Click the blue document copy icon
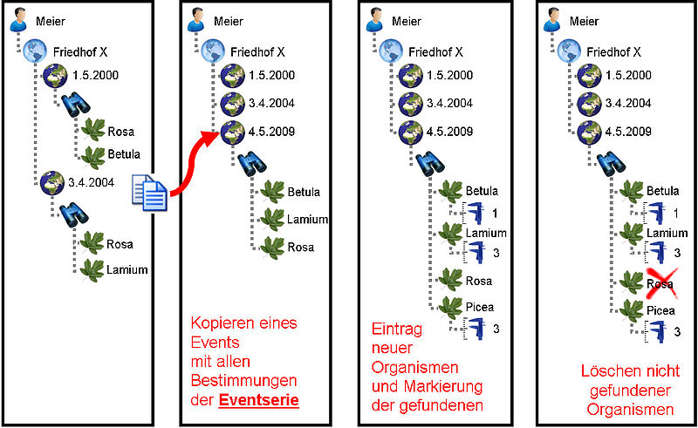coord(149,193)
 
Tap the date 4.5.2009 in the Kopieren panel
coord(271,132)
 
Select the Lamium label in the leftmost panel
coord(127,269)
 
